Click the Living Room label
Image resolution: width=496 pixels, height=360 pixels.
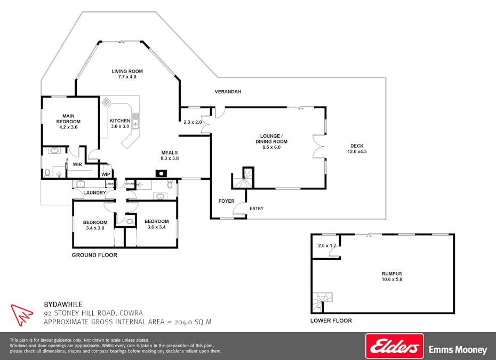(127, 71)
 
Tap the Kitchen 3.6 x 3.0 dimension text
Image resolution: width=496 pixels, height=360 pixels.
(120, 126)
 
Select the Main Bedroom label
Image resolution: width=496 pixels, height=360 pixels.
(68, 118)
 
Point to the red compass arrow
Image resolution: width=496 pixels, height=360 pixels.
(21, 315)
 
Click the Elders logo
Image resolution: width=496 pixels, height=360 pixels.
(395, 346)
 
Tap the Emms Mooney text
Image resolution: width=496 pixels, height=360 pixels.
(458, 349)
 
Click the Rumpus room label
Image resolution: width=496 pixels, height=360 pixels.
(392, 274)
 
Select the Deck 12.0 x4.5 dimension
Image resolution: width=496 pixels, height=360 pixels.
(357, 151)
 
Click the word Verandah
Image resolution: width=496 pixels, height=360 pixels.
(228, 92)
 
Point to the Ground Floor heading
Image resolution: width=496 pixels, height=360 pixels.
(94, 255)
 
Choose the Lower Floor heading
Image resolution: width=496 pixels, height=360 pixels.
(331, 321)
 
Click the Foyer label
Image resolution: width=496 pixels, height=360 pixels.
(227, 201)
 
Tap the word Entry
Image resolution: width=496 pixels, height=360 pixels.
(257, 209)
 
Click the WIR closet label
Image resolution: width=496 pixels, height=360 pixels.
(77, 164)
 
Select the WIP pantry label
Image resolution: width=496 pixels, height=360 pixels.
(106, 174)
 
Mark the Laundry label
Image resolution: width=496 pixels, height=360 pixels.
(94, 193)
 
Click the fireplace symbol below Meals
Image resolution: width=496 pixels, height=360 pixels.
(161, 174)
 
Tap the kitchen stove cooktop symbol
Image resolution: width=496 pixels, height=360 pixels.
(106, 102)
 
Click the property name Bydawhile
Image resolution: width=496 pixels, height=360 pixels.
(63, 305)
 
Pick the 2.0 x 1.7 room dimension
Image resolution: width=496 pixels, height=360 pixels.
(327, 245)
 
